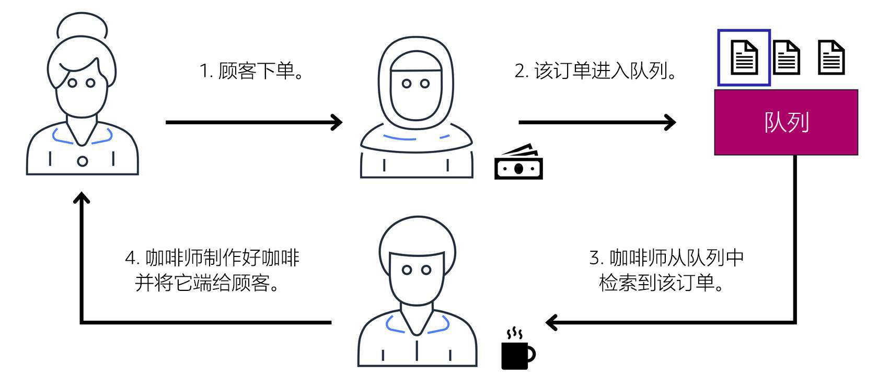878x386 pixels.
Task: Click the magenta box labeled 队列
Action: coord(785,122)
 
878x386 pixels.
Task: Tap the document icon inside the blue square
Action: coord(744,57)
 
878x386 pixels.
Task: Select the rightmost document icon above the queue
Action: coord(831,57)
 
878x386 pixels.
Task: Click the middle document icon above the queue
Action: coord(786,57)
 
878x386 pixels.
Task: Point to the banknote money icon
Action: coord(518,163)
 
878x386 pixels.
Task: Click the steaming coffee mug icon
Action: coord(517,351)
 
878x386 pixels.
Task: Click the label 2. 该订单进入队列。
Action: coord(596,71)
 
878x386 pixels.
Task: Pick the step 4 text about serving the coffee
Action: coord(212,270)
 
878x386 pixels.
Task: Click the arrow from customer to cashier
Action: coord(253,122)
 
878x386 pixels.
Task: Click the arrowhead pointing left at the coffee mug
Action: coord(551,322)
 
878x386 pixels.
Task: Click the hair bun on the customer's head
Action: coord(82,26)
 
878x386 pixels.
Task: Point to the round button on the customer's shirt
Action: coord(82,161)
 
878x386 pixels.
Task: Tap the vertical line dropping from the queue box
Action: coord(795,235)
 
